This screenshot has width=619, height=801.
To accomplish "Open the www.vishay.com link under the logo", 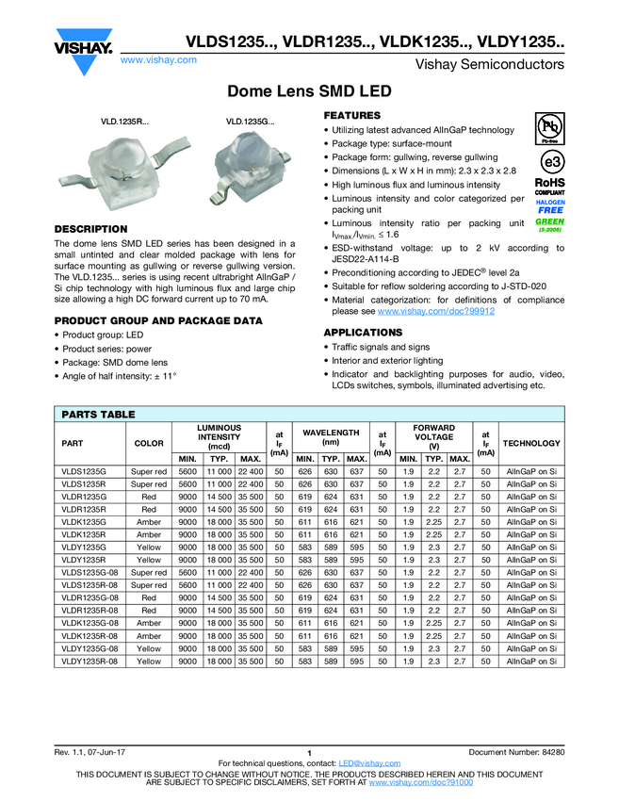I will point(158,59).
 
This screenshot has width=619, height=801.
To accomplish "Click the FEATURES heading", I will point(352,116).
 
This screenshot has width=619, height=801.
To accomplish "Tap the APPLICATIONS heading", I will point(363,333).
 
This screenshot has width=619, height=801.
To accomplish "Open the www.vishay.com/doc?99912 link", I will point(436,311).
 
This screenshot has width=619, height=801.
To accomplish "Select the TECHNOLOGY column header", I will point(531,443).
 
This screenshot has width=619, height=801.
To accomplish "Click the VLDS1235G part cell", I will point(85,471).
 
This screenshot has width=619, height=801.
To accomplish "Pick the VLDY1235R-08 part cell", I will point(91,662).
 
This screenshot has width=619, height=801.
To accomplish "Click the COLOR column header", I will point(149,443).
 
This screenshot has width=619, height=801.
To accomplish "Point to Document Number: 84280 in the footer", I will point(516,752).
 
